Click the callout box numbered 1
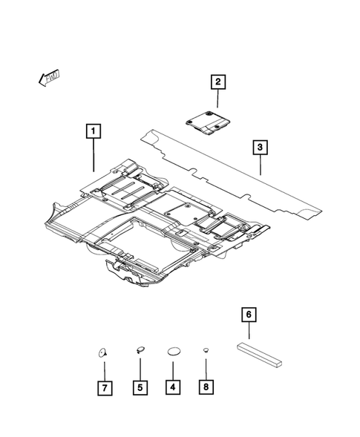coord(93,133)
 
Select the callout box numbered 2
coord(218,82)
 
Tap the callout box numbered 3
coord(261,148)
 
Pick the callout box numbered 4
coord(173,387)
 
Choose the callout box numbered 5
coord(140,387)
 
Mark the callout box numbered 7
coord(105,387)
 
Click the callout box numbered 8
coord(206,387)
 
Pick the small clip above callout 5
coord(140,349)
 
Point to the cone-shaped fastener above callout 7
coord(102,351)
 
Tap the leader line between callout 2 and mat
coord(218,99)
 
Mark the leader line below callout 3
coord(261,165)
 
